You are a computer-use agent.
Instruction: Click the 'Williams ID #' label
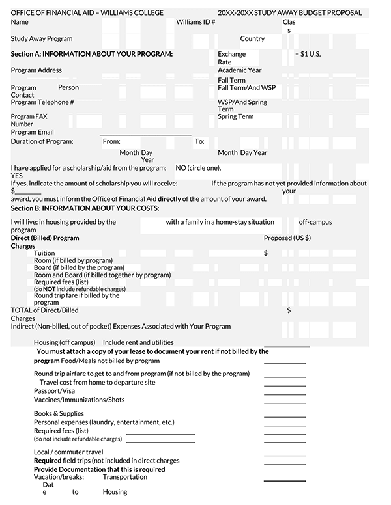pos(195,21)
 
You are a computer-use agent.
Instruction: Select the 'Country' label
pos(252,39)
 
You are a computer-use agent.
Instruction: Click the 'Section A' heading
pos(92,54)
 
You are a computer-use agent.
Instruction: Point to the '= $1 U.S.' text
pos(308,54)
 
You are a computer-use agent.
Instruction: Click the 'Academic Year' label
pos(239,70)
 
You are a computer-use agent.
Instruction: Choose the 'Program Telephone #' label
pos(42,102)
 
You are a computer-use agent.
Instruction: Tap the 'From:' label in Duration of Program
pos(111,141)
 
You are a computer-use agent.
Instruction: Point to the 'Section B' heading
pos(85,208)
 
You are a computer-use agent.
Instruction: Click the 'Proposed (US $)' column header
pos(287,238)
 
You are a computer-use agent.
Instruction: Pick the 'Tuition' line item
pos(44,253)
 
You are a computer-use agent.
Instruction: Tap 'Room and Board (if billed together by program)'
pos(102,275)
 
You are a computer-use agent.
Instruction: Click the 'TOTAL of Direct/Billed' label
pos(44,310)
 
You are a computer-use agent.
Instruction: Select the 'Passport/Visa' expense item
pos(54,391)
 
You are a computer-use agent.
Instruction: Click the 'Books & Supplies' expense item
pos(59,414)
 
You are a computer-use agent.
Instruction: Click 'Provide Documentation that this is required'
pos(99,469)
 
